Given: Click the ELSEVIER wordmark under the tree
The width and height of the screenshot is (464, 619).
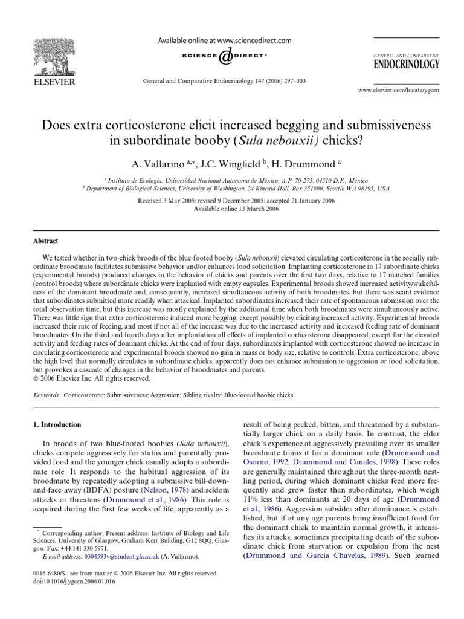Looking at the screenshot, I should [54, 82].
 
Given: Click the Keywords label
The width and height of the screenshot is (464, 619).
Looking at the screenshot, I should [48, 395].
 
